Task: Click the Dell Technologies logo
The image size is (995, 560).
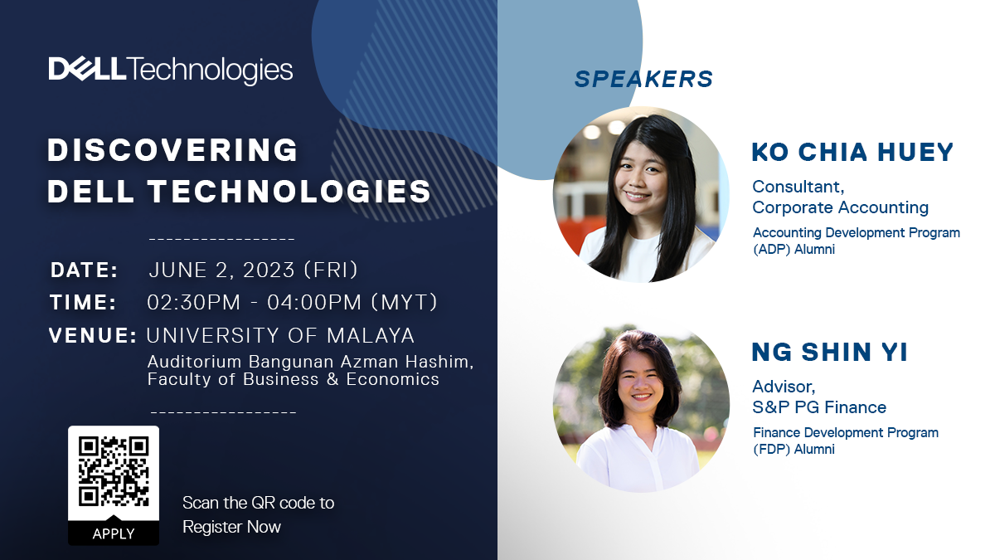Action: point(171,71)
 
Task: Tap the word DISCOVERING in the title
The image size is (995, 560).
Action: point(172,150)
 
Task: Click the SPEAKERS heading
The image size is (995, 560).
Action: point(643,79)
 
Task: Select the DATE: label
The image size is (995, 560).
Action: point(85,270)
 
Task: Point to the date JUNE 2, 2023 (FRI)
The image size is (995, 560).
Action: point(253,270)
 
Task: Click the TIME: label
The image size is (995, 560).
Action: point(83,302)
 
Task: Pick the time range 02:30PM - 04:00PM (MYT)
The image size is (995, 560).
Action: point(292,302)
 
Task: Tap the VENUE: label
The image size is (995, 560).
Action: point(93,335)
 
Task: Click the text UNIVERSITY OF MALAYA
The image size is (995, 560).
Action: point(280,335)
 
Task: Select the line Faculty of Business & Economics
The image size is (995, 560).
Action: point(294,379)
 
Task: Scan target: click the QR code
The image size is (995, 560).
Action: point(114,471)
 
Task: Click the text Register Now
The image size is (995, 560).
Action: point(231,527)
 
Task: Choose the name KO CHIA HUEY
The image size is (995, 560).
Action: point(852,152)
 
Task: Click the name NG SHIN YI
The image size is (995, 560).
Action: point(829,352)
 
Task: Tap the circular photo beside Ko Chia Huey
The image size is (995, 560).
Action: point(641,195)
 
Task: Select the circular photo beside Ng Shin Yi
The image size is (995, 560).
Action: point(641,408)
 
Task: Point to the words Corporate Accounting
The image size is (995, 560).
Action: point(840,207)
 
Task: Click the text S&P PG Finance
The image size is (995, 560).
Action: point(819,407)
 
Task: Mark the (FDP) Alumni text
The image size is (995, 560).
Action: point(794,450)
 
